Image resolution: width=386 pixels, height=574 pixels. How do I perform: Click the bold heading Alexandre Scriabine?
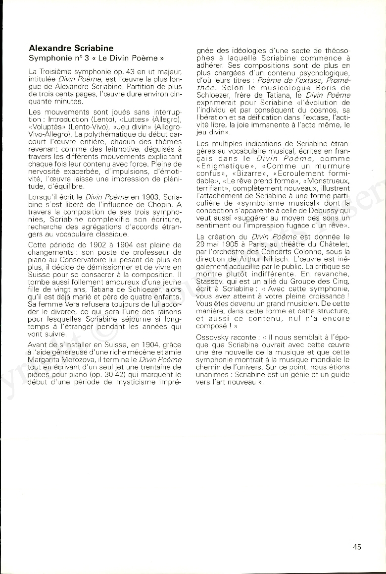point(71,49)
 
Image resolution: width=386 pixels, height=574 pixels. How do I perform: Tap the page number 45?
point(357,547)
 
